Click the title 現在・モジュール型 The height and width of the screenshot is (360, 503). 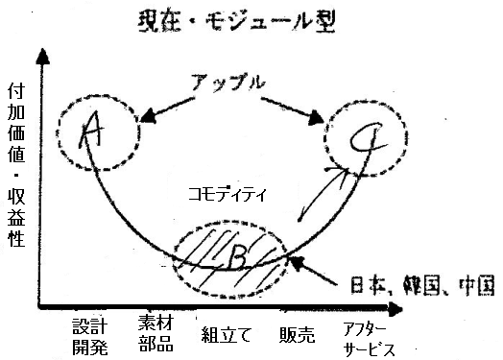tap(237, 22)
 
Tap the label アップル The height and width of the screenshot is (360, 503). tap(228, 83)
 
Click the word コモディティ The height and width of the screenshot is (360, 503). tap(228, 195)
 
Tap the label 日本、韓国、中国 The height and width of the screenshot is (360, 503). tap(422, 285)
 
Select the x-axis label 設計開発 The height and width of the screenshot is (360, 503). tap(90, 336)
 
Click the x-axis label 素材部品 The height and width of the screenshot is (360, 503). tap(156, 333)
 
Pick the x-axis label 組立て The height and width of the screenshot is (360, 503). tap(227, 335)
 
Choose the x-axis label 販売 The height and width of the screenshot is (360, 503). tap(297, 335)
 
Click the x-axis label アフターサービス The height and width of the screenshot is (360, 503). tap(369, 340)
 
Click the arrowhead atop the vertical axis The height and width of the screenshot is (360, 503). tap(42, 57)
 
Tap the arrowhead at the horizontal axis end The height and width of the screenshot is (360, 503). tap(395, 309)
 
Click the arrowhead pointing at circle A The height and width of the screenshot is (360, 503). tap(147, 117)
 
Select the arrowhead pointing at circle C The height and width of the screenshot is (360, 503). tap(316, 119)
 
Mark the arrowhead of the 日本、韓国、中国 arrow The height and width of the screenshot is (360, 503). tap(296, 262)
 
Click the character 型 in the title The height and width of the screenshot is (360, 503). tap(324, 22)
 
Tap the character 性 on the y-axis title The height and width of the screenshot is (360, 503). tap(16, 238)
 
